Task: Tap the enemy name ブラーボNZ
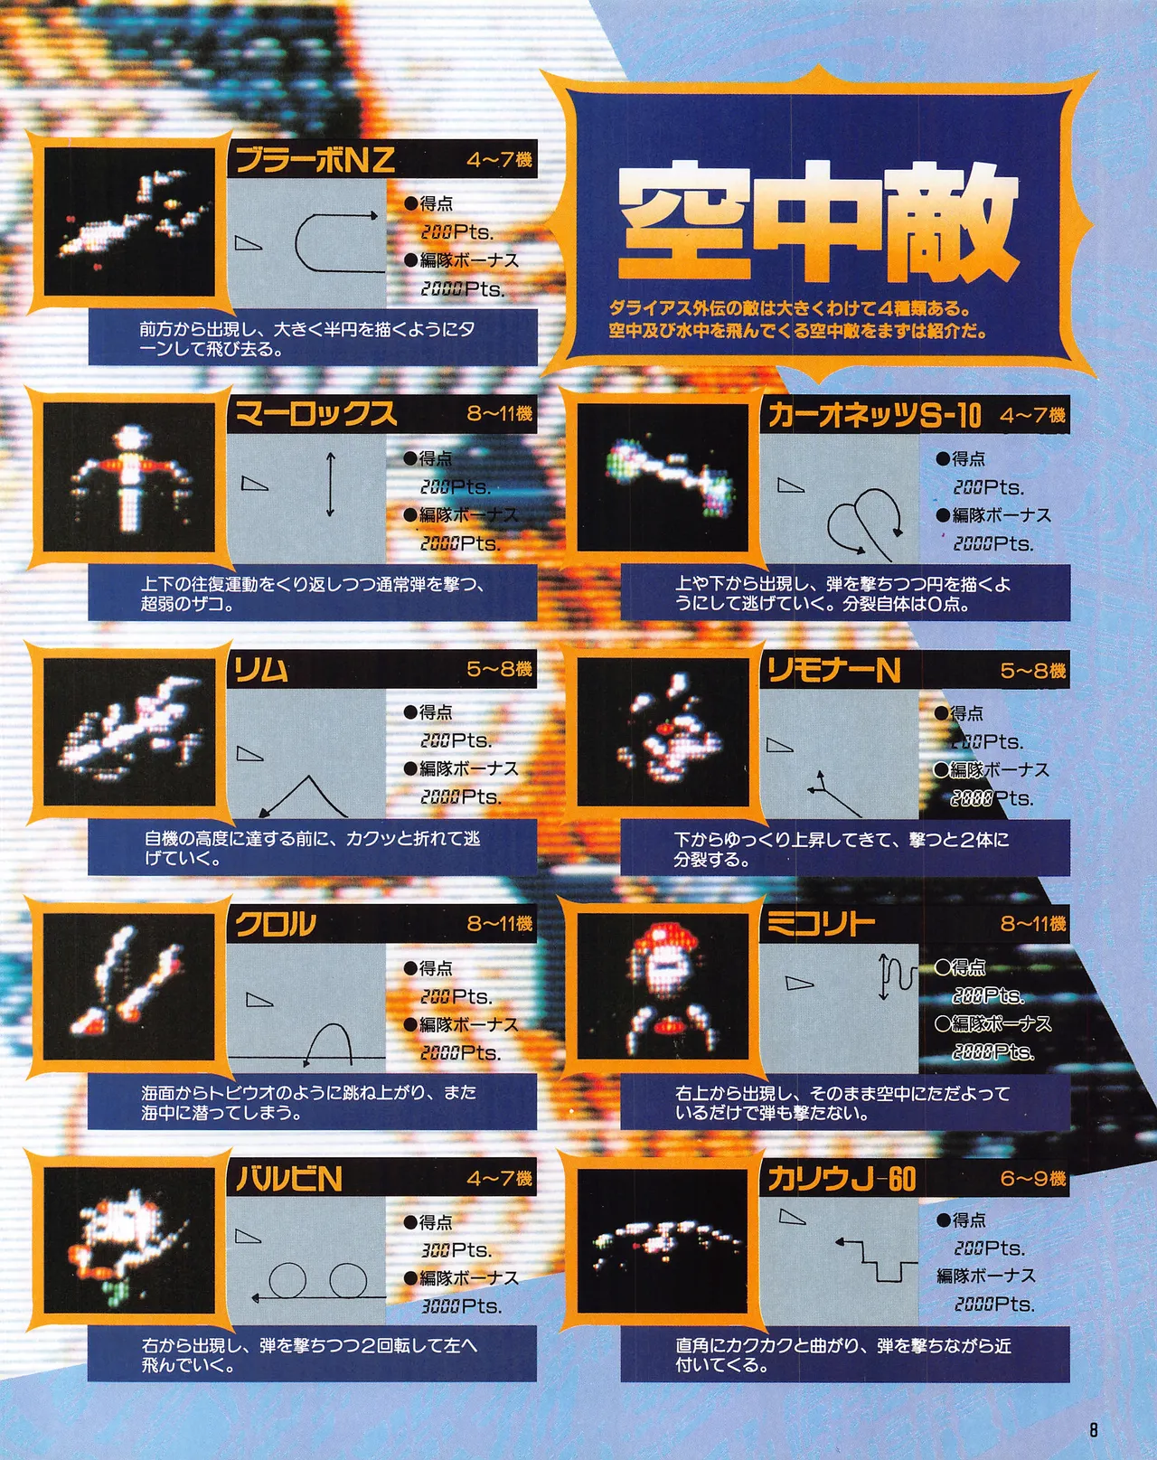(x=315, y=160)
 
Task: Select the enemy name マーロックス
(x=315, y=414)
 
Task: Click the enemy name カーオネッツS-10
(x=874, y=415)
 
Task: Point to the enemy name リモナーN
(x=833, y=670)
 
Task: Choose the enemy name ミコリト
(x=821, y=924)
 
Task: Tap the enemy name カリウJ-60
(x=842, y=1179)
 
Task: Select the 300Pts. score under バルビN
(x=456, y=1250)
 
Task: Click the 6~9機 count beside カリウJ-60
(x=1032, y=1179)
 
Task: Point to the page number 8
(x=1094, y=1430)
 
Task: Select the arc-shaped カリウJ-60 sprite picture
(x=663, y=1240)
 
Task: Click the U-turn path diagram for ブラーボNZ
(x=334, y=242)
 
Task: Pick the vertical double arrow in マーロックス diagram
(x=331, y=485)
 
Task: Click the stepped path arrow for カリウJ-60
(x=873, y=1258)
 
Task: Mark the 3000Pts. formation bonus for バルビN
(x=461, y=1306)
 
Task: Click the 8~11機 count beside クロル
(x=500, y=924)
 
